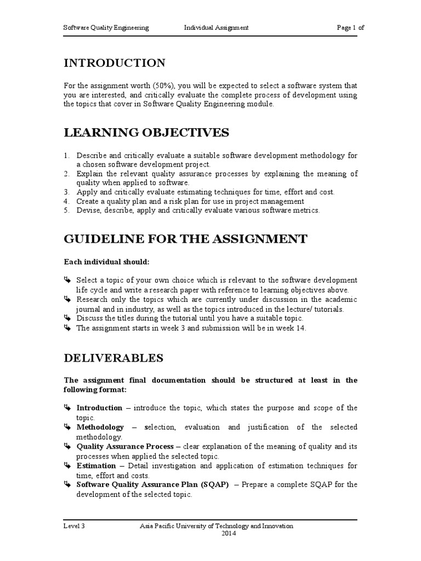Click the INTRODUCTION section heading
(115, 63)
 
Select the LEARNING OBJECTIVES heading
(146, 133)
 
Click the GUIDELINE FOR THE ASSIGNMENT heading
(186, 239)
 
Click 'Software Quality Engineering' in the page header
(106, 28)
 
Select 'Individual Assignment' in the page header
(208, 28)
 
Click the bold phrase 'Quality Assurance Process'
(125, 446)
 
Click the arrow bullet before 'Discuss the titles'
(67, 318)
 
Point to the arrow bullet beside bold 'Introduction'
(67, 408)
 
